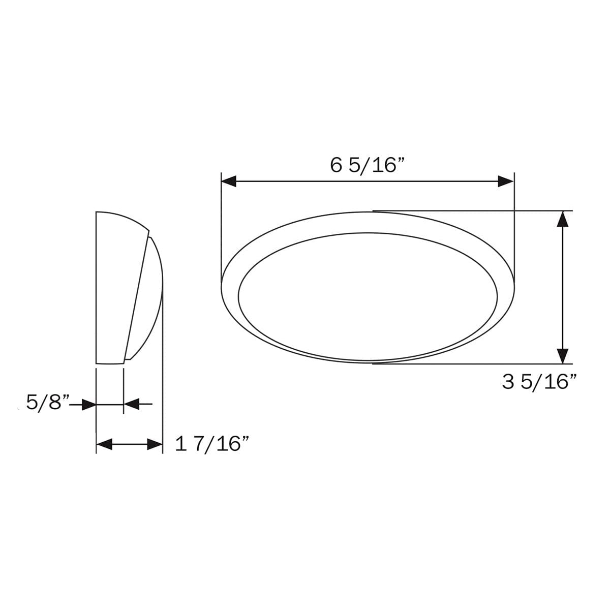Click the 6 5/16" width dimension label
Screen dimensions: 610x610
367,165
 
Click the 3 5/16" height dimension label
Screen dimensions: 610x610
539,382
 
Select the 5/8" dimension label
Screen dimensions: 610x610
47,403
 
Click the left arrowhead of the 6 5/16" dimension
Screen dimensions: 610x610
229,181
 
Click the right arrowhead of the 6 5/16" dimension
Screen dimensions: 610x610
506,181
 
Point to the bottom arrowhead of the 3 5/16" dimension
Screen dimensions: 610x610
562,356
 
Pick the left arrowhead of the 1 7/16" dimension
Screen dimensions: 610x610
104,445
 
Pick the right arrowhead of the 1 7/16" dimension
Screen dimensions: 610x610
155,445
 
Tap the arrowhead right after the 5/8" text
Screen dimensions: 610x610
88,405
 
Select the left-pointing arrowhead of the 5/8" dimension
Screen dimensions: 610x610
132,405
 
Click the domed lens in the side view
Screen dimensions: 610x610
147,300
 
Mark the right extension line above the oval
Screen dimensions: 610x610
514,224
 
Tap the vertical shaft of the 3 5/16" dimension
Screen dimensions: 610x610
562,287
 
